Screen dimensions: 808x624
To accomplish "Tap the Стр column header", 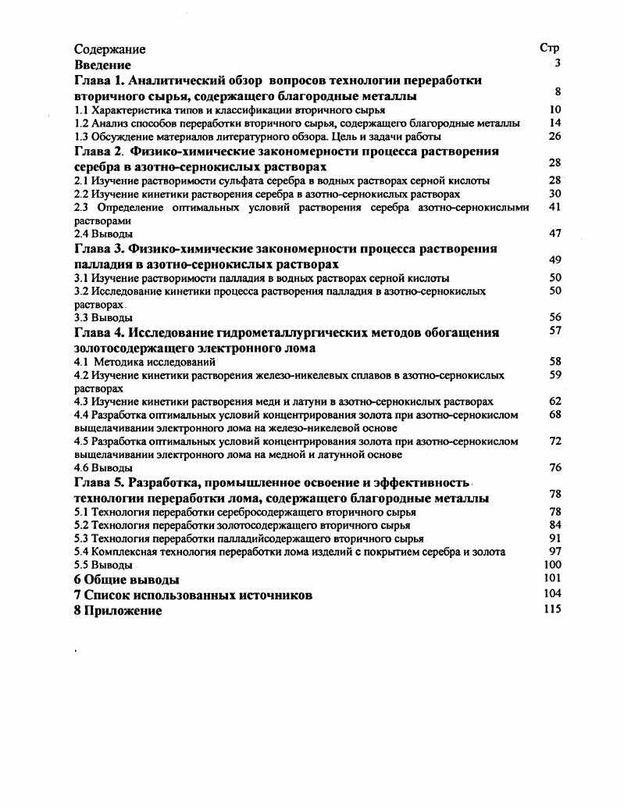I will tap(550, 48).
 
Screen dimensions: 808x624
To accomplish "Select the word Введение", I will tap(102, 65).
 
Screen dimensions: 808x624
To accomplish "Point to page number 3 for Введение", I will tap(558, 63).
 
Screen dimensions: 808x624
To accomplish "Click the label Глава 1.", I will tap(98, 80).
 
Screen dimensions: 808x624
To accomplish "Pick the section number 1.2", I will tap(81, 123).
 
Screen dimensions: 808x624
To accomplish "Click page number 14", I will tap(555, 123).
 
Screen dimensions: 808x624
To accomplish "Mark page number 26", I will tap(555, 136).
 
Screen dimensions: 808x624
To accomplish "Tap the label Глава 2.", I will tap(98, 151).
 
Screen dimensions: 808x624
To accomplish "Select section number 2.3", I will tap(82, 207).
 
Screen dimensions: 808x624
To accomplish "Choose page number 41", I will tap(555, 207).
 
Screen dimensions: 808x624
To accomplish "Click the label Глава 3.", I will tap(98, 248).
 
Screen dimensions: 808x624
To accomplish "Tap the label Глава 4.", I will tap(98, 333).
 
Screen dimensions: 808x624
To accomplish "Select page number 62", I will tap(555, 401).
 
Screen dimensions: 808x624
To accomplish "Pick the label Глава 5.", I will tap(98, 482).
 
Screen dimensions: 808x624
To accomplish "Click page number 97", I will tap(555, 551).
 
